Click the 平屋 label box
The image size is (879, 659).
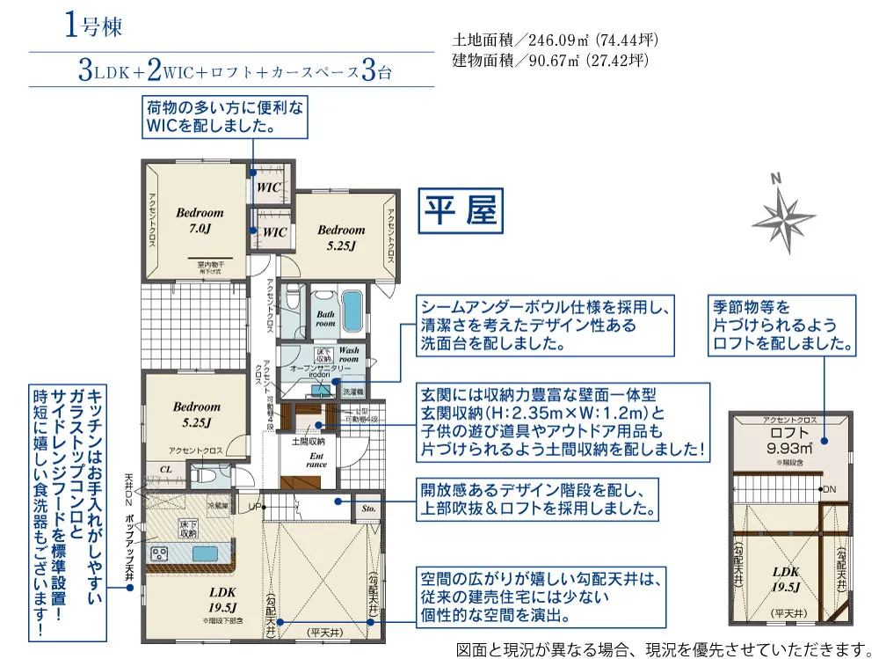pyautogui.click(x=461, y=211)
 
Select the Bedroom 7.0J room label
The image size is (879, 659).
pyautogui.click(x=200, y=220)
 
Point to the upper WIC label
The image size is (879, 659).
pyautogui.click(x=268, y=187)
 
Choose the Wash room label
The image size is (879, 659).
pyautogui.click(x=349, y=355)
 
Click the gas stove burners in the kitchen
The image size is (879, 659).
pyautogui.click(x=161, y=553)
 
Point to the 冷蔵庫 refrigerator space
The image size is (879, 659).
pyautogui.click(x=217, y=507)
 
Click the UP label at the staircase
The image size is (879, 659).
pyautogui.click(x=256, y=508)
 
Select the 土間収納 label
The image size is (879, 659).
pyautogui.click(x=309, y=440)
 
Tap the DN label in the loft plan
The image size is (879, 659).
pyautogui.click(x=829, y=488)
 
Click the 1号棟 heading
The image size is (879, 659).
pyautogui.click(x=92, y=26)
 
